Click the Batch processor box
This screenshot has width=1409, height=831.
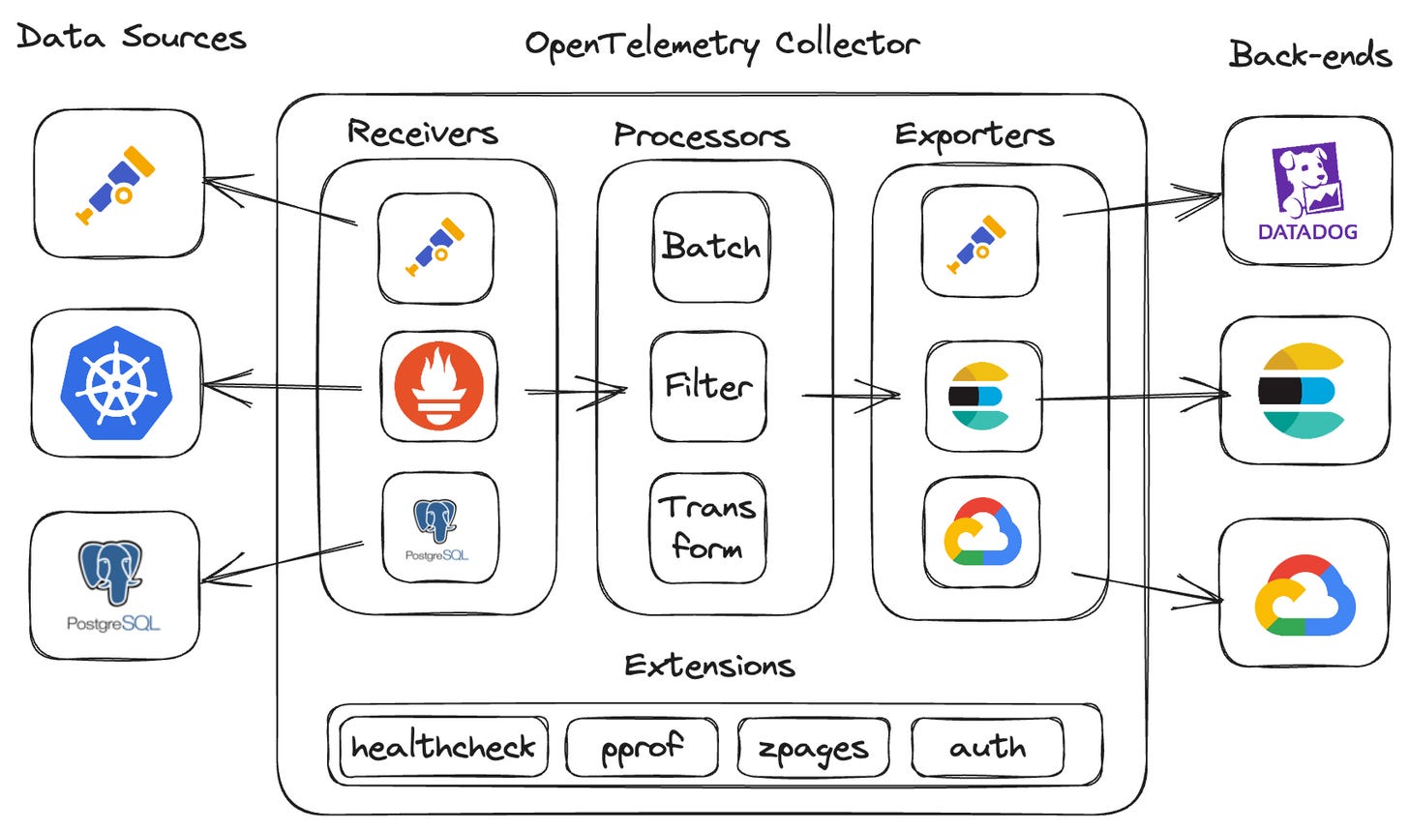710,247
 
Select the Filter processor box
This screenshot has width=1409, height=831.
708,386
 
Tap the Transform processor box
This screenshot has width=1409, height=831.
707,528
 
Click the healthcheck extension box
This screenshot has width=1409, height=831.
443,747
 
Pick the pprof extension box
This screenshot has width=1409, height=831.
642,747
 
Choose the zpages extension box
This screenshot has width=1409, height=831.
813,748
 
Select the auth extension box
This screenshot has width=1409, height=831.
987,747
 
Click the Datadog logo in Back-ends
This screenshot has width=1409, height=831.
1307,192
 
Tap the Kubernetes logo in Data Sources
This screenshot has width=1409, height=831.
116,383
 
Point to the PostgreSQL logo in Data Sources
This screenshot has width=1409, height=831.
113,585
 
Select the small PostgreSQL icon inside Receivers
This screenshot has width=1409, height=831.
437,528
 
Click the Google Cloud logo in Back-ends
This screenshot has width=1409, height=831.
1304,594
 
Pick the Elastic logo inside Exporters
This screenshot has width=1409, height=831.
979,396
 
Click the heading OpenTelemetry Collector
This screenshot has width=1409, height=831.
721,45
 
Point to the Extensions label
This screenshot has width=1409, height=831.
709,666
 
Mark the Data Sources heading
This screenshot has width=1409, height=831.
132,38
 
